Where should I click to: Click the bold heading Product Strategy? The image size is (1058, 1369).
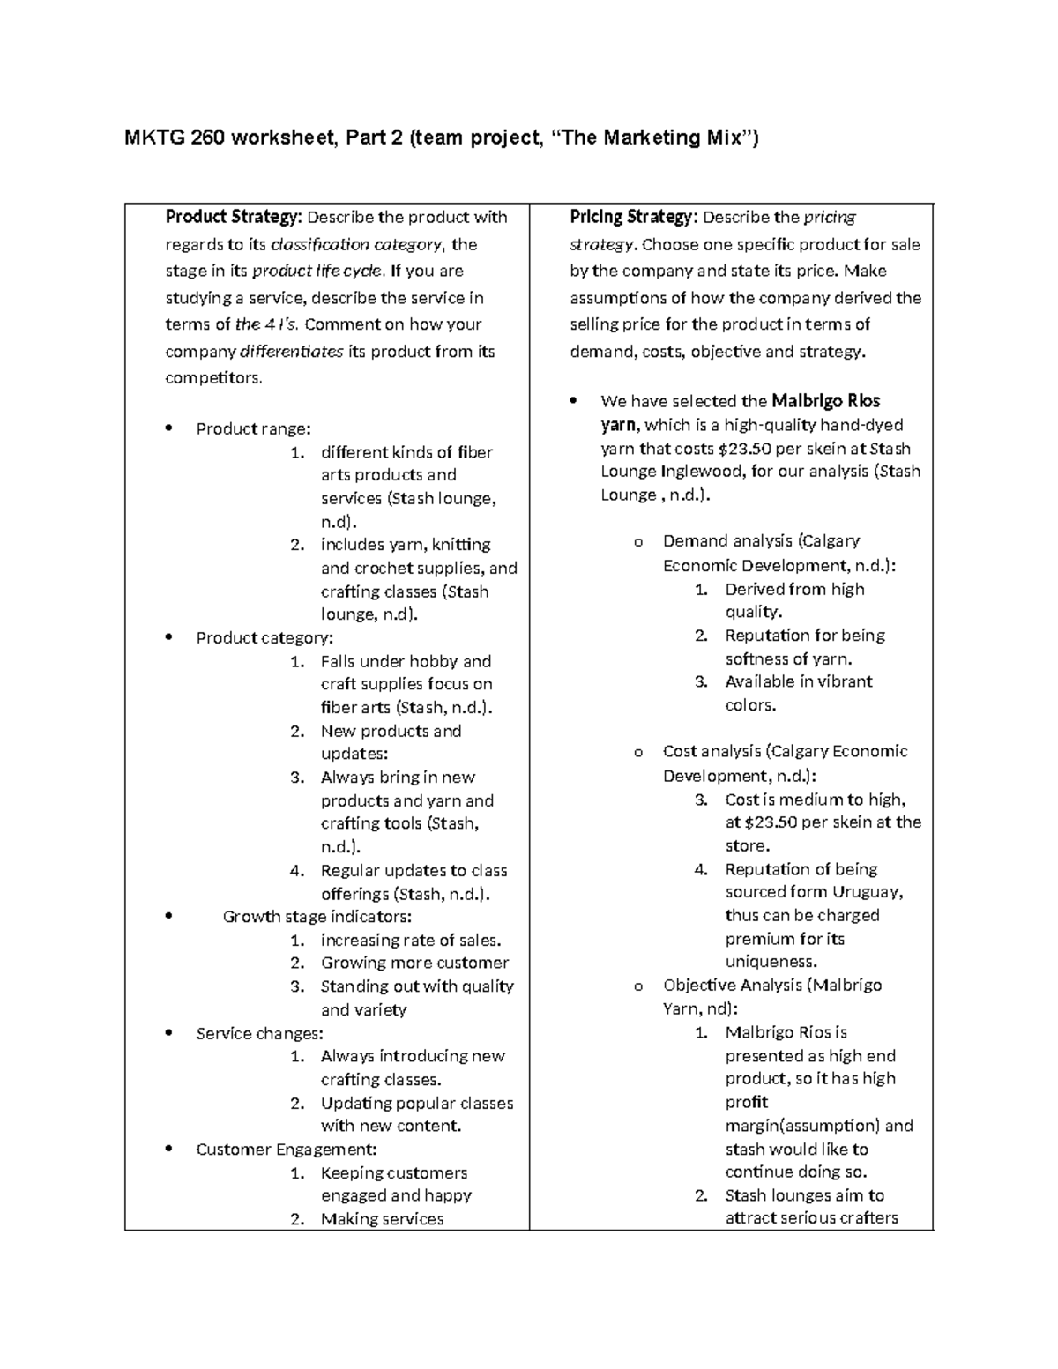coord(234,217)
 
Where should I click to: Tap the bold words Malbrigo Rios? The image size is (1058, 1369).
coord(825,401)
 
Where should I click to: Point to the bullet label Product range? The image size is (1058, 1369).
coord(253,429)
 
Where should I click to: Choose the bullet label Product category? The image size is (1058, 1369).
coord(264,637)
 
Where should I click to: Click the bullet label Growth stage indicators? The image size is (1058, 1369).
coord(317,917)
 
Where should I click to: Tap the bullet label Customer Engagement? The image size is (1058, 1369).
coord(287,1150)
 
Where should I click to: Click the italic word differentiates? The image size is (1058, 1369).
coord(292,352)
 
